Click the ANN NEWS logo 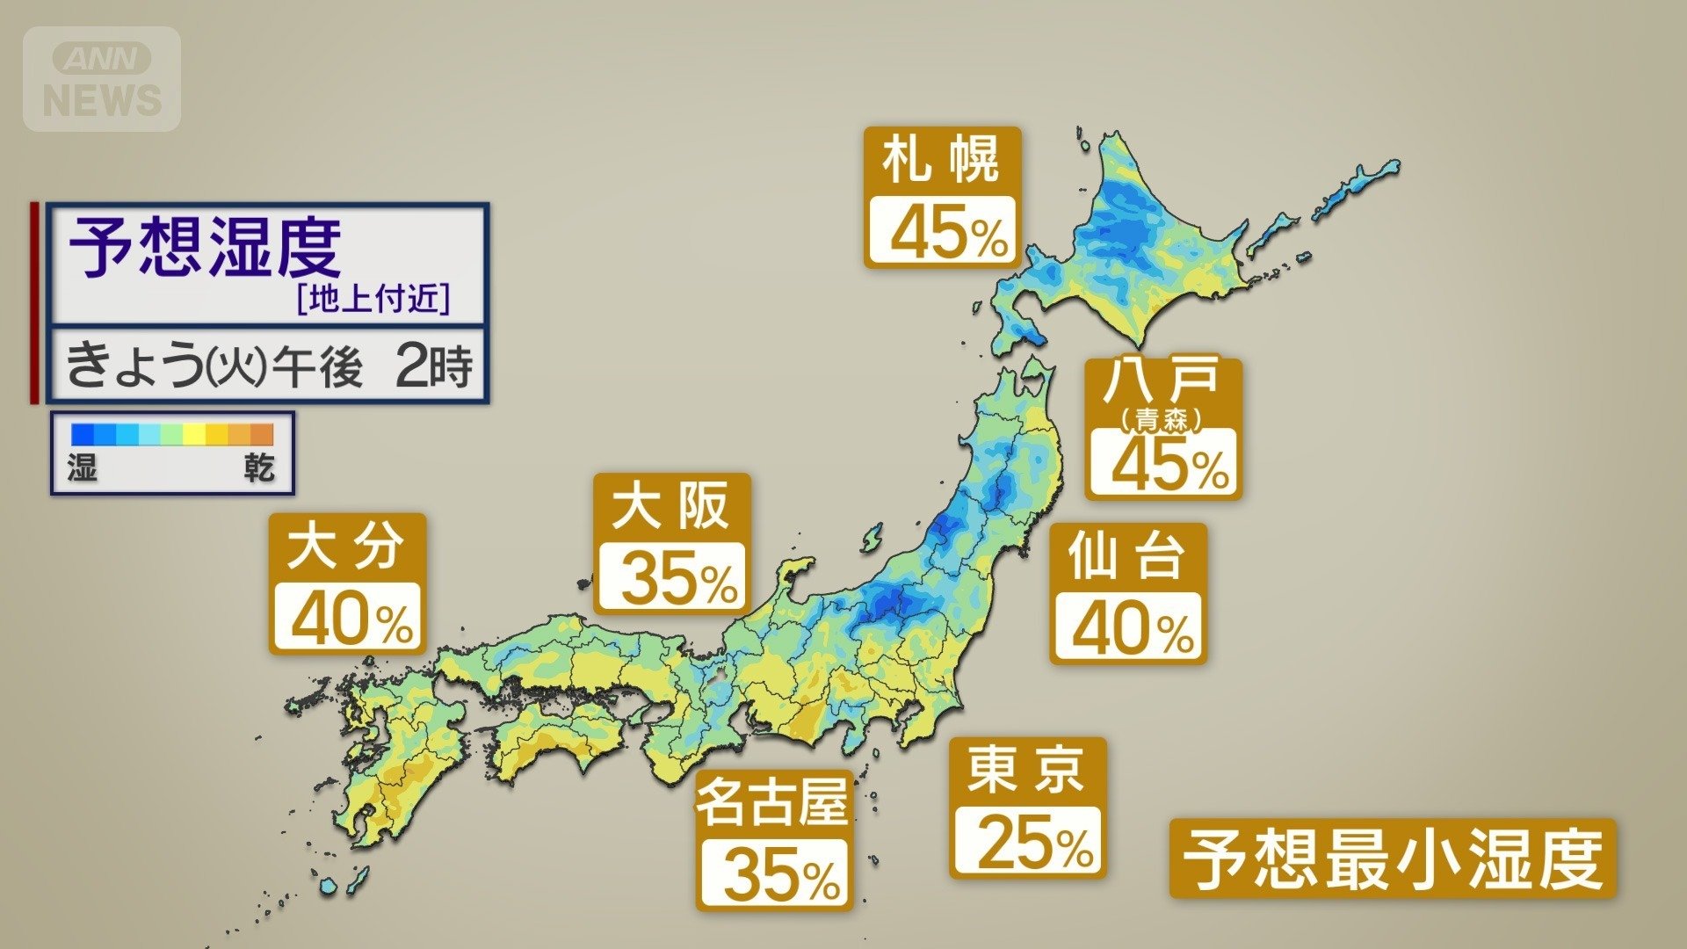coord(102,79)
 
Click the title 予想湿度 coord(206,248)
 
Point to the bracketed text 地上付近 coord(374,300)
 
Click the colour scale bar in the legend coord(172,434)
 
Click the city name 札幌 coord(941,160)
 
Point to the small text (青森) coord(1162,420)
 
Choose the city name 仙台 coord(1127,555)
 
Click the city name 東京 coord(1026,770)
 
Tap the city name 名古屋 coord(772,801)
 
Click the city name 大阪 coord(670,506)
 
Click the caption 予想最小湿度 coord(1392,859)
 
